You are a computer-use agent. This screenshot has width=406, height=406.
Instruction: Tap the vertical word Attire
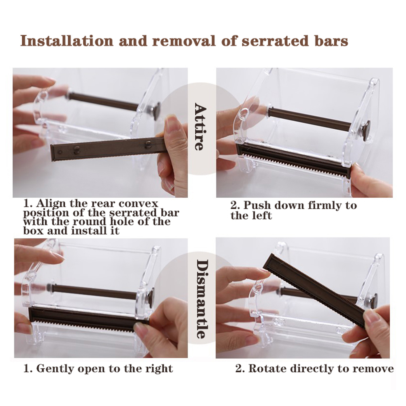click(199, 126)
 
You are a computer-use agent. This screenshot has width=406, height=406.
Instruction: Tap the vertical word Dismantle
click(202, 299)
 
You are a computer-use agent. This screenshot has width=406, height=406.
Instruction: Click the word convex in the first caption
click(137, 203)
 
